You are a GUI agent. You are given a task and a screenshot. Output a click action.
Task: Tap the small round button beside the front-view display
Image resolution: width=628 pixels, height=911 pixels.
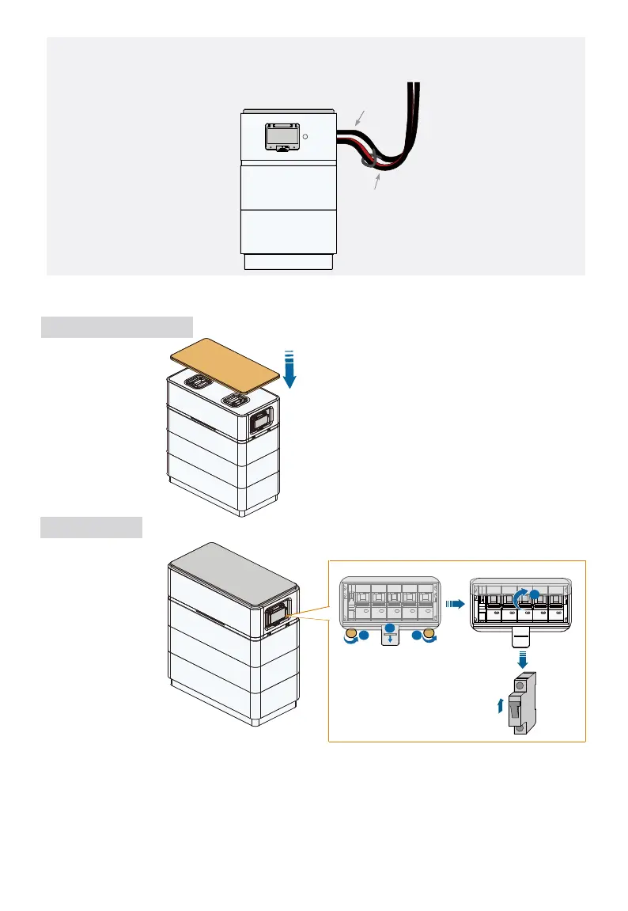[305, 136]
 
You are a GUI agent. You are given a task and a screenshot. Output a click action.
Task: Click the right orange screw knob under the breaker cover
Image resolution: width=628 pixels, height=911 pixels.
[430, 635]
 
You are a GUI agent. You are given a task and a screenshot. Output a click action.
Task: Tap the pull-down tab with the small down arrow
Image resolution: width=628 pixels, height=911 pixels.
[388, 636]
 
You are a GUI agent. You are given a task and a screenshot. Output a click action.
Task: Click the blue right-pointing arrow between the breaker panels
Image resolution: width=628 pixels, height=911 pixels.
[454, 603]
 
